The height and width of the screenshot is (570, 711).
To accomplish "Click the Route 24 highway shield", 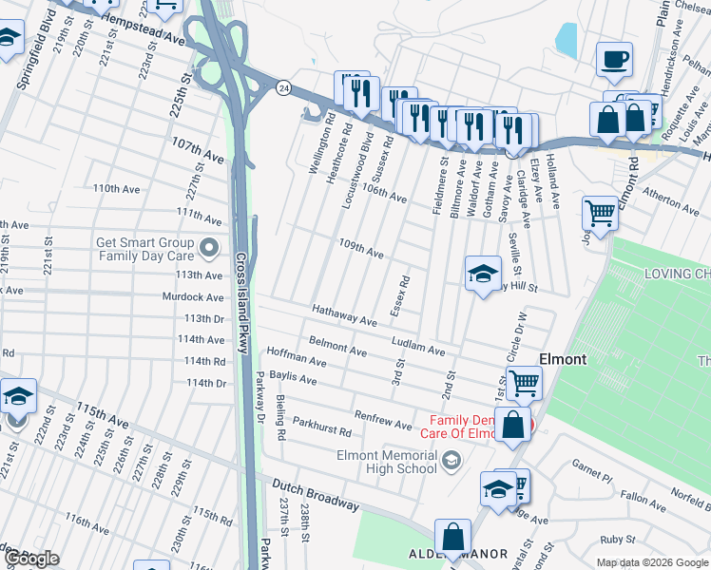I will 283,87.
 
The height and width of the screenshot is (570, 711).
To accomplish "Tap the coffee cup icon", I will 613,59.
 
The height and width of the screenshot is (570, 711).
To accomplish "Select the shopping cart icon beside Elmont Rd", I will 600,213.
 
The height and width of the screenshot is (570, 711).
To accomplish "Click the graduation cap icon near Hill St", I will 483,275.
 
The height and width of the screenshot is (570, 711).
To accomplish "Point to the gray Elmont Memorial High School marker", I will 452,462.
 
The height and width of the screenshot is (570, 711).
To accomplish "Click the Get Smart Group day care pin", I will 209,250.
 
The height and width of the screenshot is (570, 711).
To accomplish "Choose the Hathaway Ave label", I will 344,315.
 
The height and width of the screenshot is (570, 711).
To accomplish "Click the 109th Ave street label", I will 361,250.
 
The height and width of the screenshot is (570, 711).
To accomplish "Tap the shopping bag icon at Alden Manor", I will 452,537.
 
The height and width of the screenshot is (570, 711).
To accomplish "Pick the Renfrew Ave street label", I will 382,419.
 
